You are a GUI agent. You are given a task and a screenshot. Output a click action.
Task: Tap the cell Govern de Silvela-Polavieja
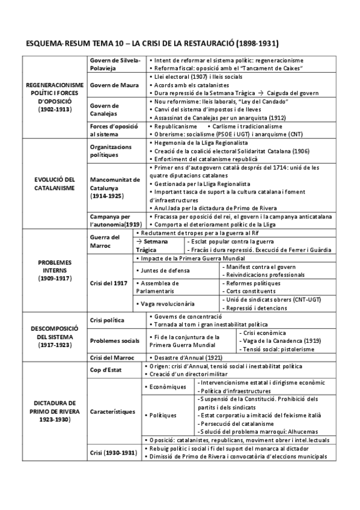tap(114, 64)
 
